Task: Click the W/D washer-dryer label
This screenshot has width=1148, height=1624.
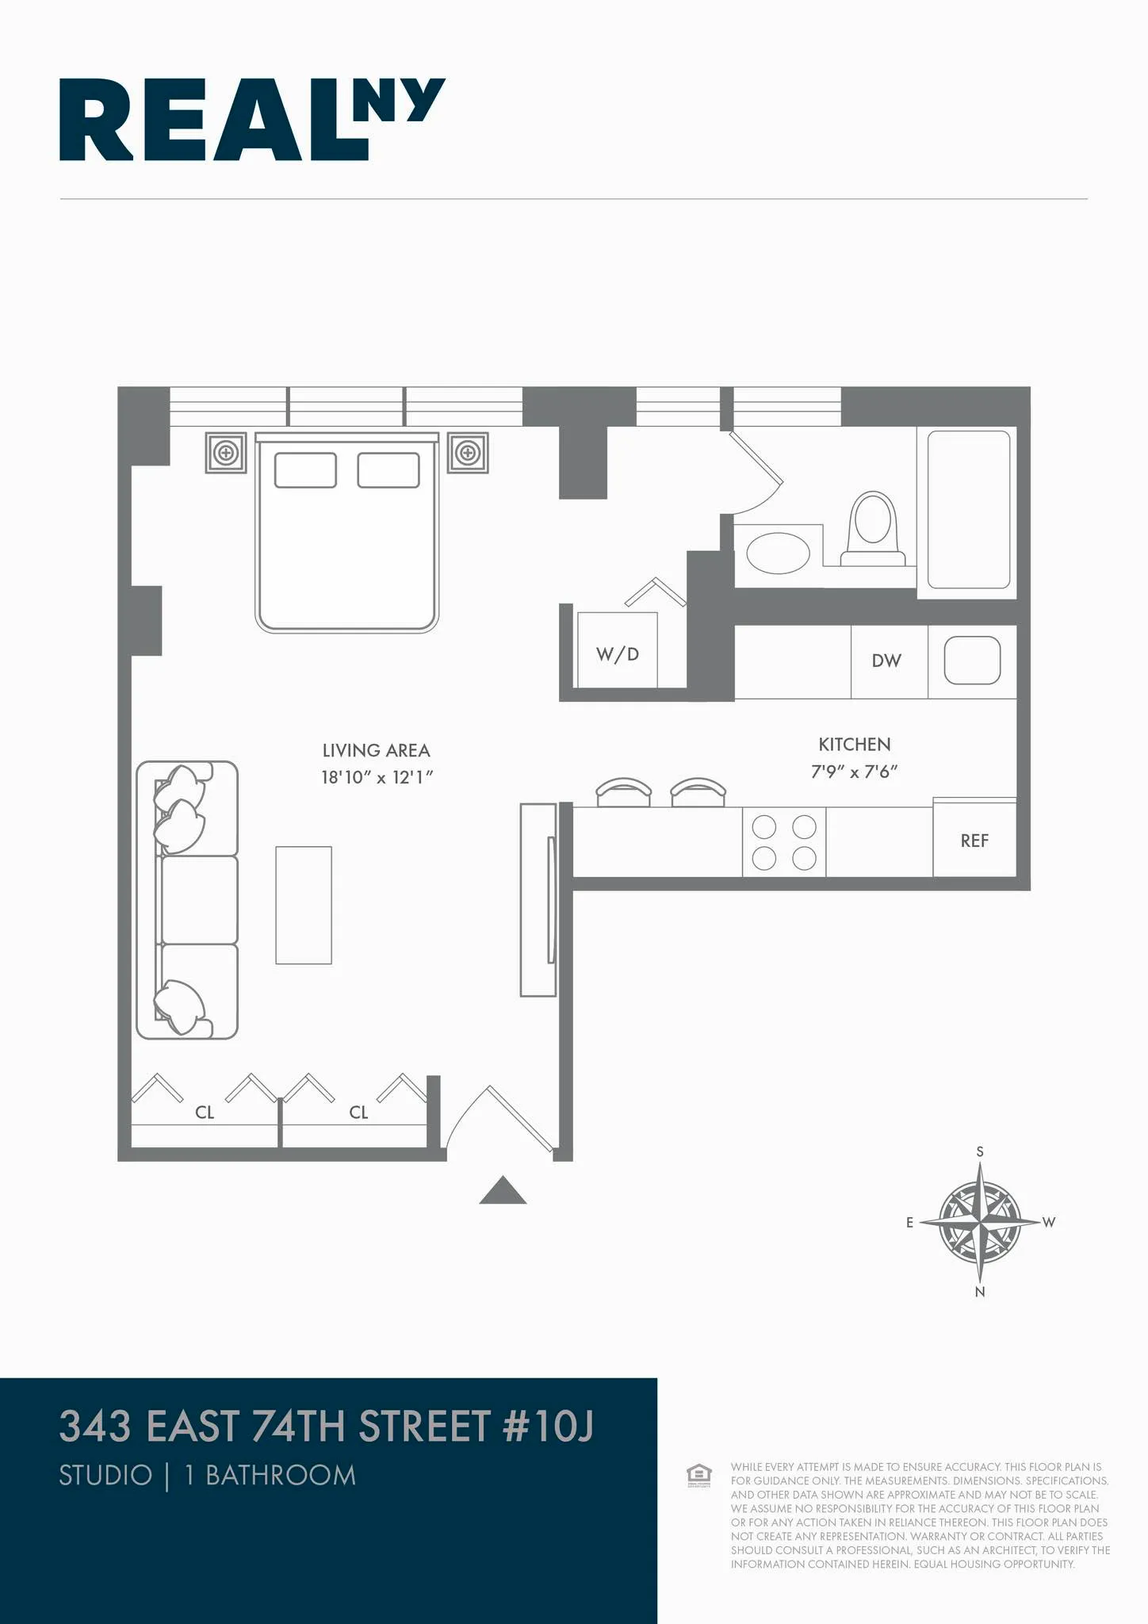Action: click(617, 654)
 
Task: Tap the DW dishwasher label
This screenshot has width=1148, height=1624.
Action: click(886, 661)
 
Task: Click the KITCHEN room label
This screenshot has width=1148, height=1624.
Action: click(854, 745)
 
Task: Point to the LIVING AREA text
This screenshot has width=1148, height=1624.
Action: click(376, 750)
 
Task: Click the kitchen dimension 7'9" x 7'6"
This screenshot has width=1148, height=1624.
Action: click(854, 772)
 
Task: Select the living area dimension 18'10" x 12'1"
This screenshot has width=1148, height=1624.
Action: click(377, 777)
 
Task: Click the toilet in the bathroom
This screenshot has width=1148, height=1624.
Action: click(872, 528)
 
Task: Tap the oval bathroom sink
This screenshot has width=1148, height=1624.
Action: click(778, 553)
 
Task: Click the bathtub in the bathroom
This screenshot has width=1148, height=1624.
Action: click(968, 509)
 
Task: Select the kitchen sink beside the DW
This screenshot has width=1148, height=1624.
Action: click(972, 661)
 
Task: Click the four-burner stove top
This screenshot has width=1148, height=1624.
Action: click(784, 842)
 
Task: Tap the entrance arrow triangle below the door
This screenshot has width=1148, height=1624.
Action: click(503, 1192)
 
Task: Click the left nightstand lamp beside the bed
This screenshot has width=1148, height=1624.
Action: click(226, 453)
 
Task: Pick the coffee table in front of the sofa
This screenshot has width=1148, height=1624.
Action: click(304, 905)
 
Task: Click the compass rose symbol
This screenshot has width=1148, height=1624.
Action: click(980, 1222)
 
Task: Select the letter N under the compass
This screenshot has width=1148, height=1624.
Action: click(980, 1292)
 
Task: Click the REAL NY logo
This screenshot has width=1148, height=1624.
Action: click(252, 120)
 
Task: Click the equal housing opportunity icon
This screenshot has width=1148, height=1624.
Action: click(698, 1475)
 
